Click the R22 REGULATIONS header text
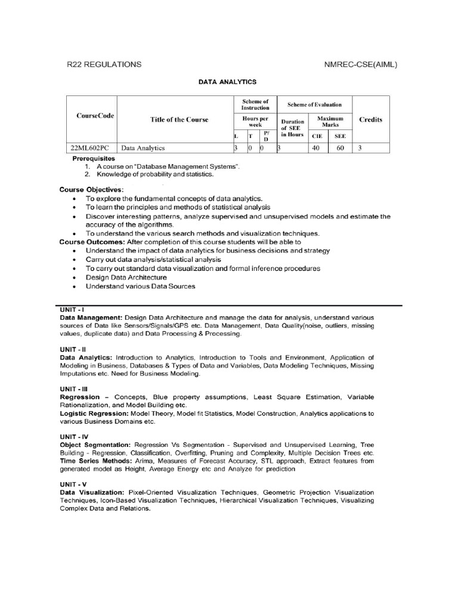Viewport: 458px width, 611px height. pyautogui.click(x=104, y=64)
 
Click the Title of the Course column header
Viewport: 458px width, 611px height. pyautogui.click(x=179, y=119)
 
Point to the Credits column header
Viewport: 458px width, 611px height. pyautogui.click(x=370, y=119)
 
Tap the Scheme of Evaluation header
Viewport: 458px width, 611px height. pyautogui.click(x=314, y=104)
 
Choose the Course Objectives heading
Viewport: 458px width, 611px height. pyautogui.click(x=91, y=189)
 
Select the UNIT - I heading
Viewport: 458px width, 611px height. pyautogui.click(x=72, y=310)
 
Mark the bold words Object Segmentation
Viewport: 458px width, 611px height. pyautogui.click(x=95, y=445)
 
